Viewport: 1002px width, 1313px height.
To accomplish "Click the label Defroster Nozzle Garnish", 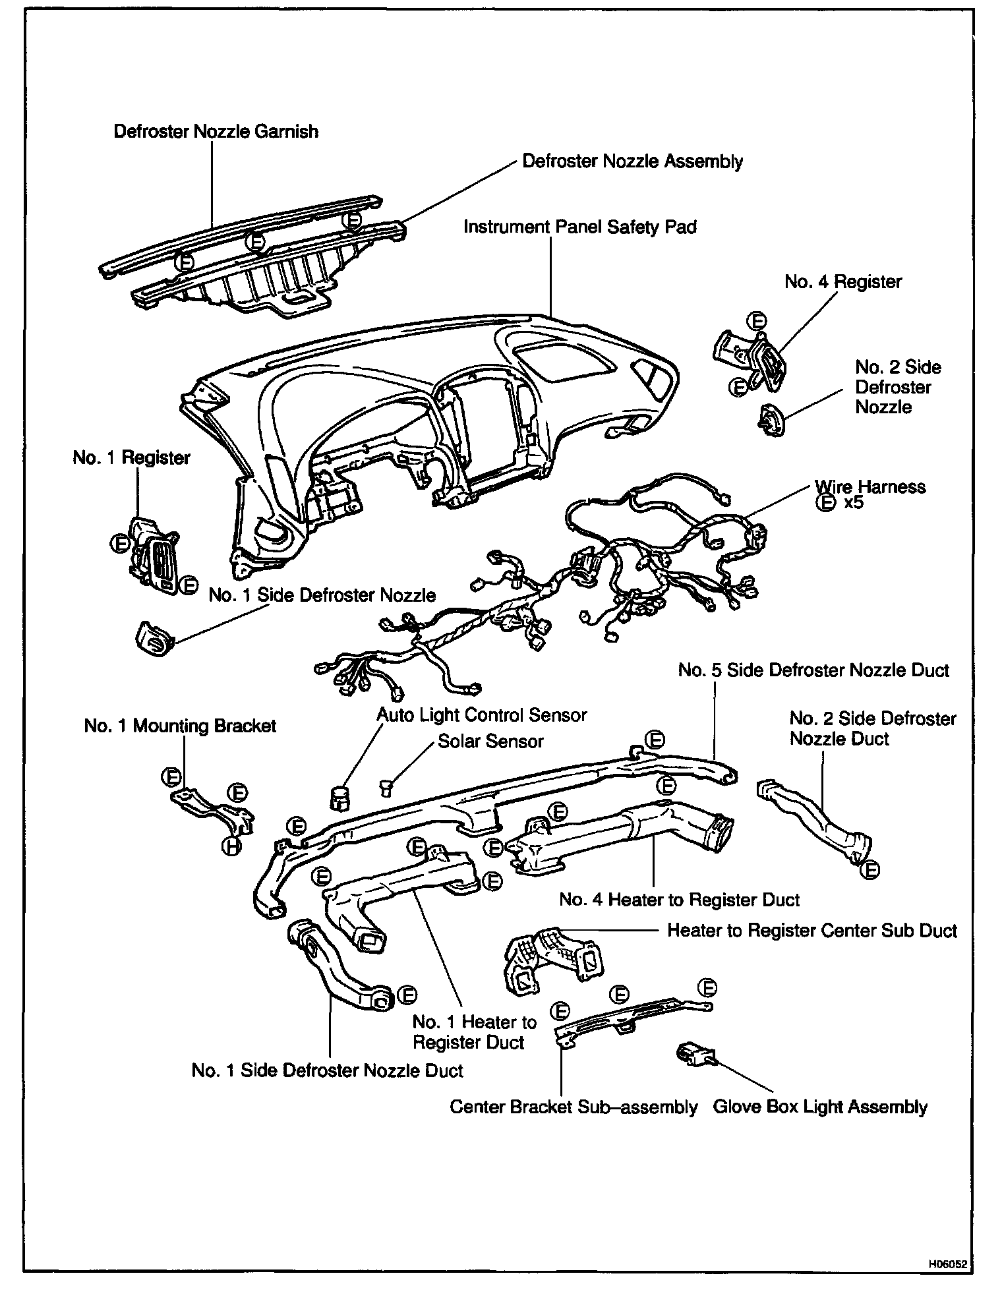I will click(x=216, y=132).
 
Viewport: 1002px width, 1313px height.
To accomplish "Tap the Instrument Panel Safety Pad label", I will click(x=579, y=227).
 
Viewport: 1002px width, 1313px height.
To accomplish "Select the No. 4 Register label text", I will click(x=842, y=282).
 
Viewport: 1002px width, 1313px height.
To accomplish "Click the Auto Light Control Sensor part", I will click(x=339, y=798).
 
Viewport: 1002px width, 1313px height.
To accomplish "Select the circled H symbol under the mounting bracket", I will click(x=231, y=847).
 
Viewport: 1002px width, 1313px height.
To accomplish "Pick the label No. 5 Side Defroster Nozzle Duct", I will click(x=813, y=670).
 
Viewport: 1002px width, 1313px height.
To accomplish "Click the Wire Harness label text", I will click(x=869, y=487).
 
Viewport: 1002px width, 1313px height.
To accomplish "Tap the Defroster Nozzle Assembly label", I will click(x=632, y=162).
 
